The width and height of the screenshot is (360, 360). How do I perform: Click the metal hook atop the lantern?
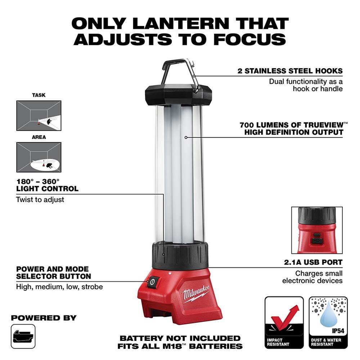click(x=180, y=72)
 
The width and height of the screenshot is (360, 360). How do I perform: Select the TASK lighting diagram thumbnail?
click(x=39, y=115)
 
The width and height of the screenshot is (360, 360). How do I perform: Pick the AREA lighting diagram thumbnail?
click(x=39, y=157)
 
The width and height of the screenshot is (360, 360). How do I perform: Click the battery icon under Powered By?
click(x=23, y=337)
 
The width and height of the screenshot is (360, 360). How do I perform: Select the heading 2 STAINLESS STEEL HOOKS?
click(x=290, y=71)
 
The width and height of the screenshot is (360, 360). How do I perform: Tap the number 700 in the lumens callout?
click(x=248, y=125)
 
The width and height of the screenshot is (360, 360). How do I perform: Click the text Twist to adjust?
click(x=40, y=199)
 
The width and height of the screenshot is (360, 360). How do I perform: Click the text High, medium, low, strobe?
click(x=59, y=287)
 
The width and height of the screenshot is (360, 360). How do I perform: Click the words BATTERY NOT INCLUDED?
click(x=180, y=338)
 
